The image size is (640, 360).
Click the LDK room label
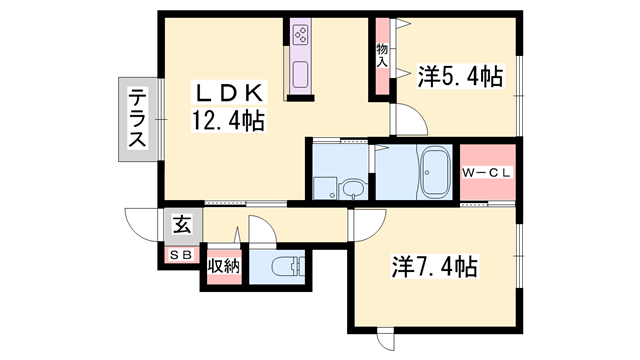[229, 92]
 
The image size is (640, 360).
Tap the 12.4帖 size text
[229, 120]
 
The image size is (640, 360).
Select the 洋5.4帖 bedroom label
[460, 76]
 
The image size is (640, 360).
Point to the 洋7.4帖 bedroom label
[435, 267]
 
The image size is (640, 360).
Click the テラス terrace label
[138, 119]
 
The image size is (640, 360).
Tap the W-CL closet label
[487, 173]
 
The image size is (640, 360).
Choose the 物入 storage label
[382, 55]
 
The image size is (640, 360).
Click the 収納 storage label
[223, 267]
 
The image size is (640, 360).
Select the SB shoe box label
[181, 256]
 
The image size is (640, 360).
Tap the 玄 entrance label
[182, 225]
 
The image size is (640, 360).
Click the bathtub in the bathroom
[435, 172]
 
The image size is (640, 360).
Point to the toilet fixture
[288, 267]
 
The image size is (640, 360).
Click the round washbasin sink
[350, 189]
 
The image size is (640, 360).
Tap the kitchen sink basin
[301, 75]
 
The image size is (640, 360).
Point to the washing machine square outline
[325, 188]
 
